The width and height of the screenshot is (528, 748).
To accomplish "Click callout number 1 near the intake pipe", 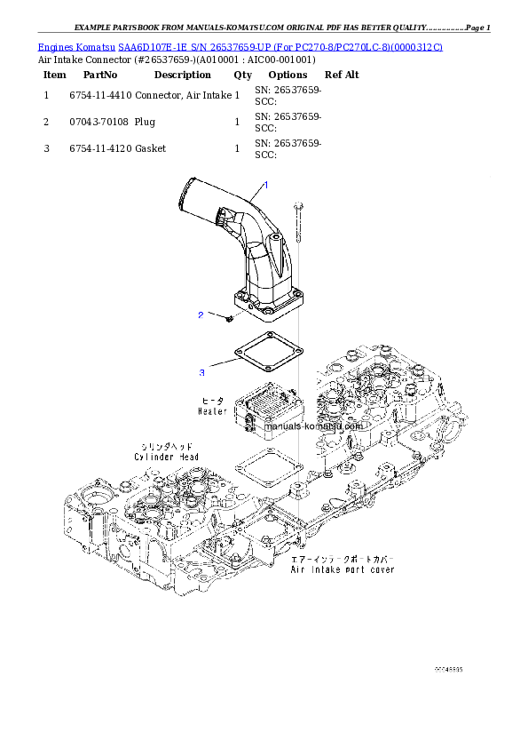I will [265, 184].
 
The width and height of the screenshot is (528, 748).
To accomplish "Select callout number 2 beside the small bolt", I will [201, 315].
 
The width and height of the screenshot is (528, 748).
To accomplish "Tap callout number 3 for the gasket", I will [201, 372].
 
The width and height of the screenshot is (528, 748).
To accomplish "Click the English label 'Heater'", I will [212, 412].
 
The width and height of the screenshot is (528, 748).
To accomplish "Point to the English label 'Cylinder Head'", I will [167, 457].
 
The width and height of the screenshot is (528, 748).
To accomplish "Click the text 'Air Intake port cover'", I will [343, 569].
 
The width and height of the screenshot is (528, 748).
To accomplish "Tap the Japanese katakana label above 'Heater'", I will [214, 402].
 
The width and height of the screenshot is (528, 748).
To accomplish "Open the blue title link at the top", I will [240, 45].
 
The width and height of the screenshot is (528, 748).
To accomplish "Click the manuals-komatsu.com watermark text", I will [314, 426].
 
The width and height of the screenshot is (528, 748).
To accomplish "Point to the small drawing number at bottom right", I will [449, 669].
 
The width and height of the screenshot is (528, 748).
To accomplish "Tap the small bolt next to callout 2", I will [229, 316].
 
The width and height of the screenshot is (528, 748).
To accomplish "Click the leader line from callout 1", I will [252, 193].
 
